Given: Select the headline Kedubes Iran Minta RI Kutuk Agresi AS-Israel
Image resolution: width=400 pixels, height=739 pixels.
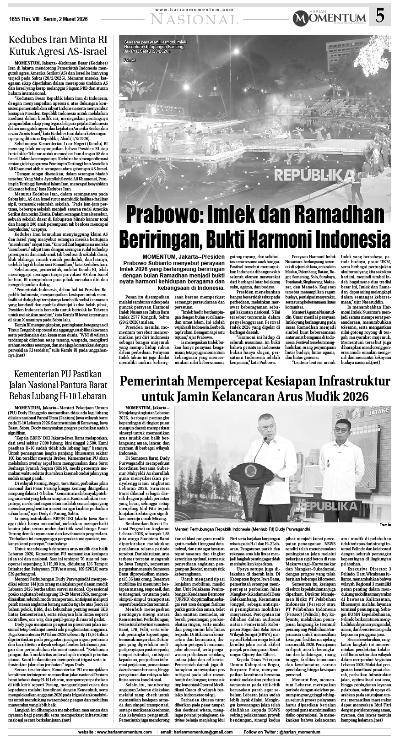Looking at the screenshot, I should (58, 45).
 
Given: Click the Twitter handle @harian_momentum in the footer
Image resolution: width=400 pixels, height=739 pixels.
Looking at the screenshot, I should (336, 733).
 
